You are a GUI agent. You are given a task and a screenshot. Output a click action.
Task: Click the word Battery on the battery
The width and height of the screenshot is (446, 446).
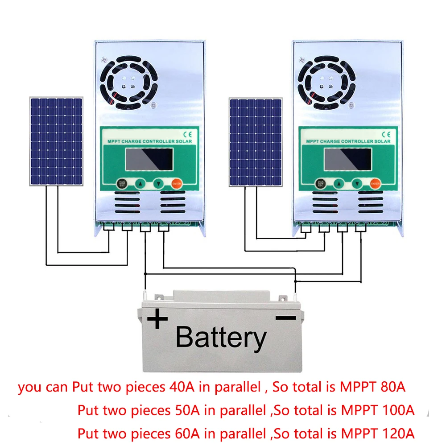pyautogui.click(x=221, y=338)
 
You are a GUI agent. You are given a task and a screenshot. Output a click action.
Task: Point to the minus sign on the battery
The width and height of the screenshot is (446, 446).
pyautogui.click(x=285, y=318)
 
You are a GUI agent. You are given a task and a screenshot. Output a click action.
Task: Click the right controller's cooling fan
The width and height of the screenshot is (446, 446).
pyautogui.click(x=326, y=82)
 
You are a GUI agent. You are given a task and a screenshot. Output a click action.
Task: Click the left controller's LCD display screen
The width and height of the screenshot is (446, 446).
pyautogui.click(x=149, y=159)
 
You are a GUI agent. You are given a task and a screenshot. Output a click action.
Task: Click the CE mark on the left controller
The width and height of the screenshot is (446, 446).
pyautogui.click(x=187, y=133)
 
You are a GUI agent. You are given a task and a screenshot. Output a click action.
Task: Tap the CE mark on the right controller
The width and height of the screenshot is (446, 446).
pyautogui.click(x=386, y=133)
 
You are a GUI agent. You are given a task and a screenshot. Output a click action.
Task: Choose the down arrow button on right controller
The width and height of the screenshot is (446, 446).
pyautogui.click(x=357, y=183)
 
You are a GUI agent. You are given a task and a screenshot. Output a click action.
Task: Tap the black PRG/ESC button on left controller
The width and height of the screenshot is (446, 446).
pyautogui.click(x=121, y=183)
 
